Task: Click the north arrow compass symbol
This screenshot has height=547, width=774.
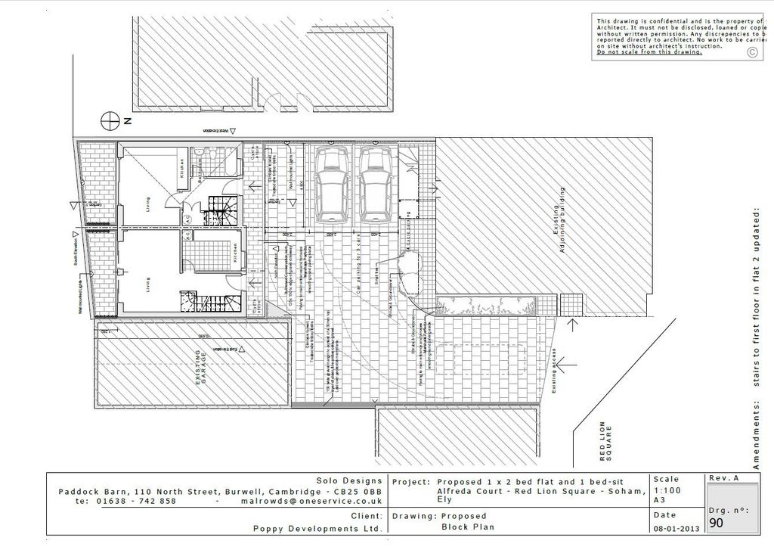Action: (111, 120)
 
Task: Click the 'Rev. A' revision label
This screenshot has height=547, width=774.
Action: (724, 478)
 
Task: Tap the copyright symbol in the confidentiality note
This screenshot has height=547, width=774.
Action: (751, 52)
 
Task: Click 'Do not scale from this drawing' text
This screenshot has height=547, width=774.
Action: (649, 52)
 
